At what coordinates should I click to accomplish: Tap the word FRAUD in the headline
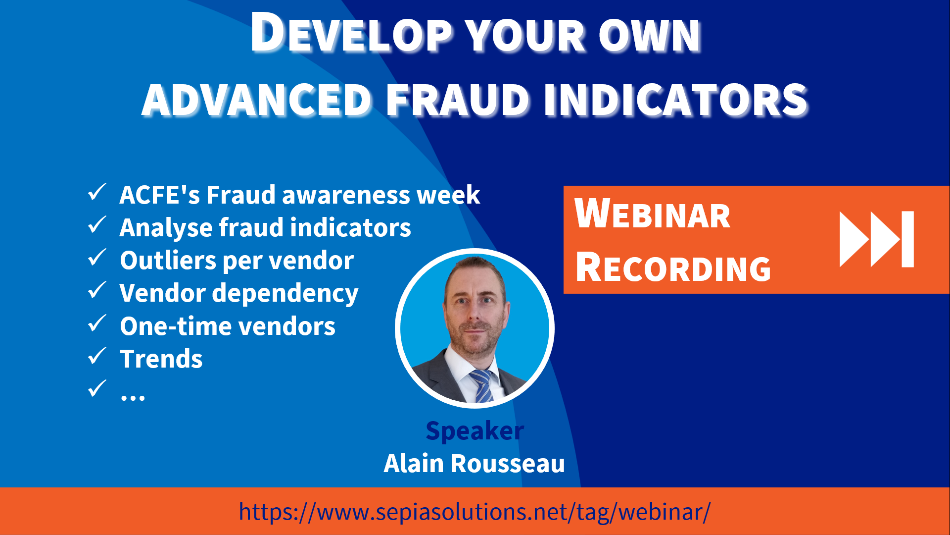[x=458, y=100]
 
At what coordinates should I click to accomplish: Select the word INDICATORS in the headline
[x=675, y=100]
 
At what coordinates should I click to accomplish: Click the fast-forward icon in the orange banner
[x=876, y=239]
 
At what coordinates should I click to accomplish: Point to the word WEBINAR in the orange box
[x=652, y=214]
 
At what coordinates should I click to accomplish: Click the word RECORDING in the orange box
[x=673, y=267]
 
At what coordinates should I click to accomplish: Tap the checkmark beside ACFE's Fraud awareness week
[x=97, y=192]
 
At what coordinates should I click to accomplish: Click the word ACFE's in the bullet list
[x=159, y=195]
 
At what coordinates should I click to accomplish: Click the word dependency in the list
[x=285, y=294]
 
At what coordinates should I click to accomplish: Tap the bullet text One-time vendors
[x=227, y=326]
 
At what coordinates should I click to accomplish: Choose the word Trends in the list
[x=161, y=359]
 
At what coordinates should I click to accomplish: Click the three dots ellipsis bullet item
[x=133, y=396]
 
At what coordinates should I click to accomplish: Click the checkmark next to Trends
[x=97, y=356]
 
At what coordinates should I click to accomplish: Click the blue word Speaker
[x=475, y=431]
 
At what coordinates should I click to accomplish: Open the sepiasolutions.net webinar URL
[x=475, y=512]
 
